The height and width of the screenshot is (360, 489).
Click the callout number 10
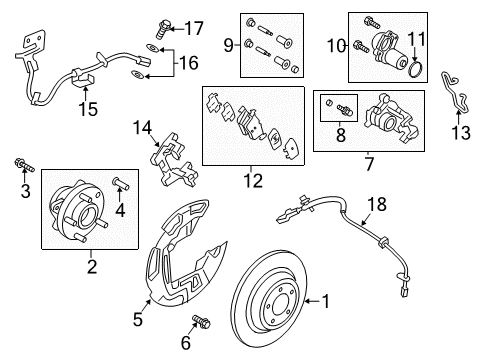(333, 44)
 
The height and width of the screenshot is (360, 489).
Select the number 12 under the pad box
(254, 180)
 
